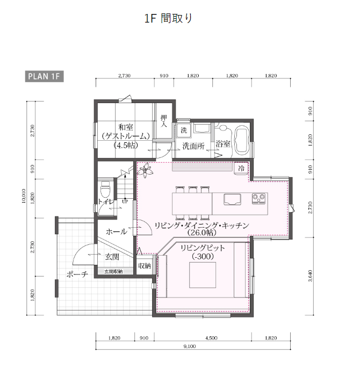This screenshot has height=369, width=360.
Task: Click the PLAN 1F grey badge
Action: click(x=44, y=76)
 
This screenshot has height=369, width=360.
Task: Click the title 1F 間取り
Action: click(x=168, y=18)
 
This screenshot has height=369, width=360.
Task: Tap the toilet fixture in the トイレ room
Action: click(x=105, y=189)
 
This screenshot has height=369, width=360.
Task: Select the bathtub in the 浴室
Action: click(x=241, y=140)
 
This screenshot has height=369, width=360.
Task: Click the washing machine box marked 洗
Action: click(x=184, y=130)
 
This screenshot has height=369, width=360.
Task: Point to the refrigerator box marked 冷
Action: click(x=241, y=168)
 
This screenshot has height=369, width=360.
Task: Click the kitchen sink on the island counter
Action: click(x=232, y=200)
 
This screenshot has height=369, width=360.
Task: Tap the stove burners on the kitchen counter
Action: click(x=259, y=198)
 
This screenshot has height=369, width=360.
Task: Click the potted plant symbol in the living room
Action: click(x=145, y=169)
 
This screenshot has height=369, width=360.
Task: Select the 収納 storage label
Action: click(x=145, y=266)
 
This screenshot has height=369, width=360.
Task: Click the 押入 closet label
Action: click(x=164, y=121)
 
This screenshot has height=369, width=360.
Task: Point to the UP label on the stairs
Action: click(x=125, y=201)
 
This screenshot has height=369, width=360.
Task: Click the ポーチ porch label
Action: click(x=77, y=274)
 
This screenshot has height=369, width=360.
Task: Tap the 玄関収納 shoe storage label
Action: click(x=113, y=271)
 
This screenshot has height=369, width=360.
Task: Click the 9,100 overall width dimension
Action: click(x=190, y=346)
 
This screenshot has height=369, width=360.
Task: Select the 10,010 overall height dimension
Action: click(x=24, y=196)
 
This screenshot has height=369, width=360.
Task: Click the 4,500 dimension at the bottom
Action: click(x=211, y=338)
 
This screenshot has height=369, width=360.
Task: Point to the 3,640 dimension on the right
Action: click(x=311, y=276)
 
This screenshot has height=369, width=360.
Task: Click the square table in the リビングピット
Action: click(x=203, y=275)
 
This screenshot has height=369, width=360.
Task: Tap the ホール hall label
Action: click(x=116, y=232)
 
